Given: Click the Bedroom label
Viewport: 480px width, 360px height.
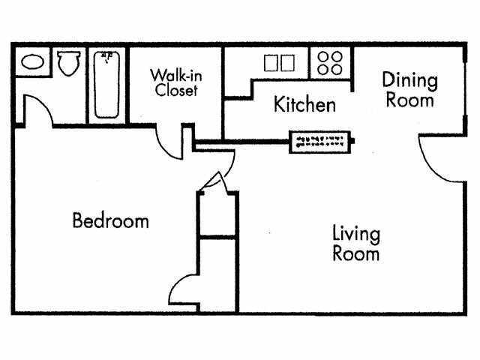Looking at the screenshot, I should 110,221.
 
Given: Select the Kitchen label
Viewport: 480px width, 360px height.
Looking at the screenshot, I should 304,104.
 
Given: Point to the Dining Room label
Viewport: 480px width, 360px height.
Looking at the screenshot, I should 409,89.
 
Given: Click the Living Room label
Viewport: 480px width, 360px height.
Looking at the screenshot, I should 355,243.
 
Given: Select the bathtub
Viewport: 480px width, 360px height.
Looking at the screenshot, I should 106,83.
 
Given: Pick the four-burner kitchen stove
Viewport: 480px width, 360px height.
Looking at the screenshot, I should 330,62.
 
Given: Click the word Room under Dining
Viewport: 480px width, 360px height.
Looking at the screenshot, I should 409,99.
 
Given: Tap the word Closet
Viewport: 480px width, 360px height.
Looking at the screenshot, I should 176,91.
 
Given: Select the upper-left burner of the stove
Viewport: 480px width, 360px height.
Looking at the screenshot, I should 324,55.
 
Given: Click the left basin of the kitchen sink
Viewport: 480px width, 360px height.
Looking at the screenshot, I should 271,62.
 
